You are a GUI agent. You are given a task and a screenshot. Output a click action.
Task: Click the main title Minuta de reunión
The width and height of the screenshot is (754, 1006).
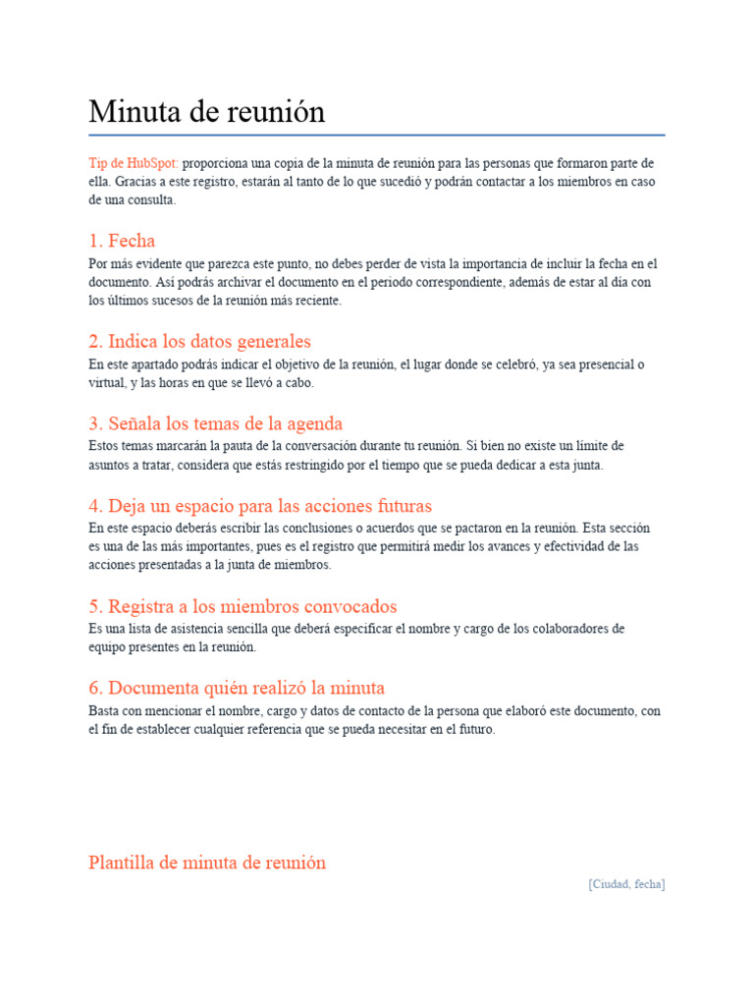click(x=206, y=112)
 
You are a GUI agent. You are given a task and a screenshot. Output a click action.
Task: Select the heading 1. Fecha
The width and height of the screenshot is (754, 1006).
click(x=122, y=241)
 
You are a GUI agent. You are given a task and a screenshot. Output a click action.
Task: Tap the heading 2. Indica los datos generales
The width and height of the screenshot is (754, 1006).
click(x=199, y=342)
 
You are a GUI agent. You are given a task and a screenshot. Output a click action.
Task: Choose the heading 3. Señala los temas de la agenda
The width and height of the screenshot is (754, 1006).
click(x=215, y=424)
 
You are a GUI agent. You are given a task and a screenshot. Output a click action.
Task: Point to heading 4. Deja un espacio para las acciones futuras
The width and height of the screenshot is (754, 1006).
click(x=260, y=507)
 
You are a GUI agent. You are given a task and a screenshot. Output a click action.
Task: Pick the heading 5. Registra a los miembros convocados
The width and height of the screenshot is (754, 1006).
click(x=242, y=607)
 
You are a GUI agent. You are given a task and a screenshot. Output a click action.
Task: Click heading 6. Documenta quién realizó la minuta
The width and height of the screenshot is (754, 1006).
click(x=237, y=688)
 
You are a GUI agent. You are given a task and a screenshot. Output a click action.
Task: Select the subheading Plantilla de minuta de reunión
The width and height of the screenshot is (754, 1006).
click(x=207, y=863)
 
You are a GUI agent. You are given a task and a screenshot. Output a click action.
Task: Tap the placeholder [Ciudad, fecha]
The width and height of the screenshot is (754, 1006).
click(x=626, y=884)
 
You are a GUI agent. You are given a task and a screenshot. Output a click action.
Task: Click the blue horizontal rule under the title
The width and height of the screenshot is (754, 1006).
click(x=377, y=135)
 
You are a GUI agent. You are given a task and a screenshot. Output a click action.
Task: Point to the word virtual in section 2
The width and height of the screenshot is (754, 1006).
click(x=106, y=383)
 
